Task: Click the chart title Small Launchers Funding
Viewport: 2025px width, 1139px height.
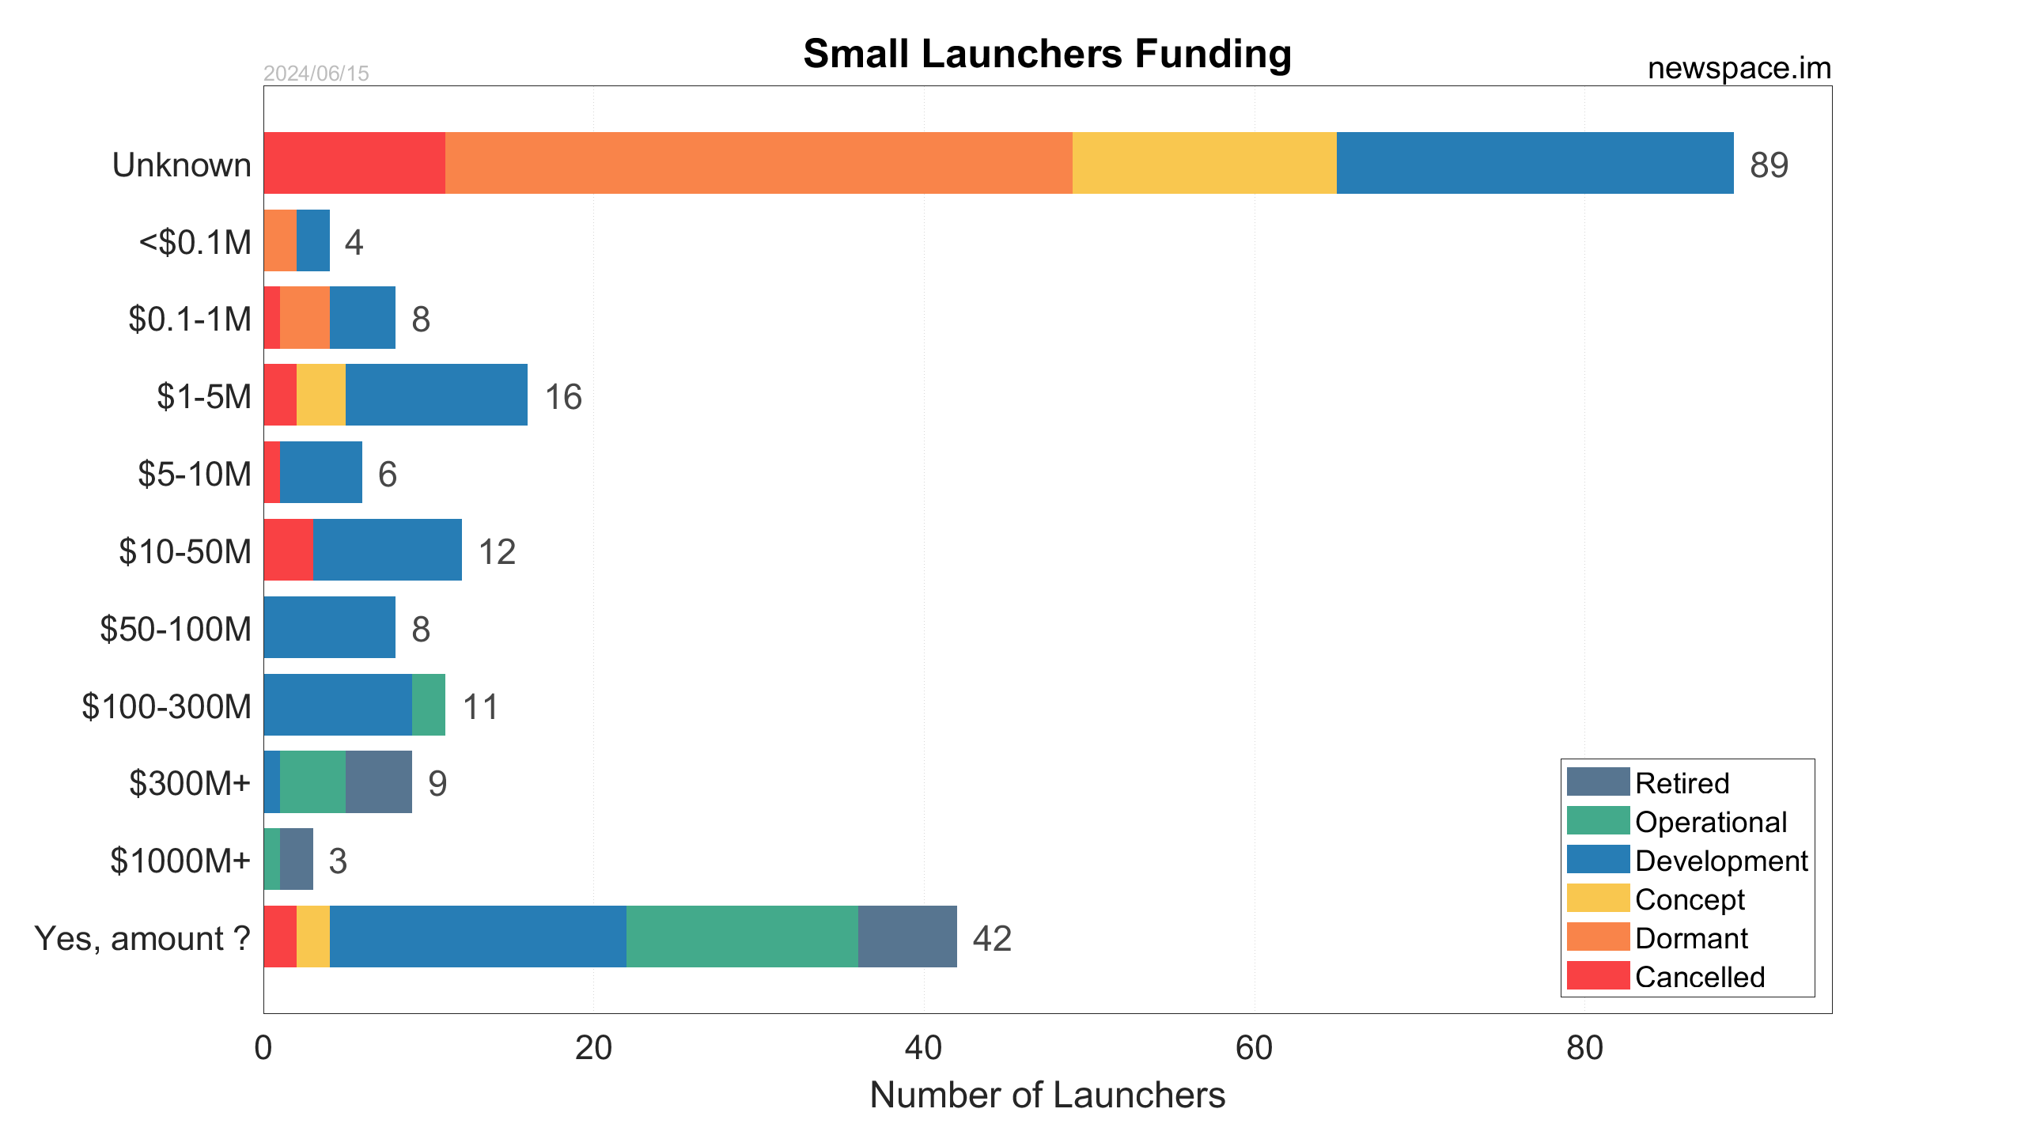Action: [1047, 54]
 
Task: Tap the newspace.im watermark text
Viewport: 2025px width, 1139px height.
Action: [1739, 69]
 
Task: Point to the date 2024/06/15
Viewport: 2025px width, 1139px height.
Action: [316, 74]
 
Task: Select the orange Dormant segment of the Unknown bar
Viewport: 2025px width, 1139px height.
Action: [758, 163]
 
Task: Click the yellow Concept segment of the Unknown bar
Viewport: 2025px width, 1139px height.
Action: [1204, 163]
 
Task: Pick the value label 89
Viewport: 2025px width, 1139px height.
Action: [1769, 165]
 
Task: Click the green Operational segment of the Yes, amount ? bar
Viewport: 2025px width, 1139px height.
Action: [741, 937]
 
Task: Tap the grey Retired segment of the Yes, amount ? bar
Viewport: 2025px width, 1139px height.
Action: [907, 937]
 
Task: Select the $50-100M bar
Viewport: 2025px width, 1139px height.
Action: [329, 627]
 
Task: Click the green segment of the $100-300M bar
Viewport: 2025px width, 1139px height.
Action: [428, 705]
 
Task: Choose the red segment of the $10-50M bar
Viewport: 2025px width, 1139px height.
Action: [288, 550]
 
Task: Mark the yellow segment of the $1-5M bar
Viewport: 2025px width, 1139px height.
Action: [320, 395]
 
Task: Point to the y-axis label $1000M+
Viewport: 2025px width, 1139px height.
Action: [180, 861]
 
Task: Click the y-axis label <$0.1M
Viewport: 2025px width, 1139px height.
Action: [195, 242]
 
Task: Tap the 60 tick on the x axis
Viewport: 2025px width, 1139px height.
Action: [1254, 1048]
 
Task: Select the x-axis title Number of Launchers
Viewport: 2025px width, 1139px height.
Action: [1047, 1095]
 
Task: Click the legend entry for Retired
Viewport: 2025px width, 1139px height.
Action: [1681, 783]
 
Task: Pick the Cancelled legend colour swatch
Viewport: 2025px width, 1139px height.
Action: [1598, 976]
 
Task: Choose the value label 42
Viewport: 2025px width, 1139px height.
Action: [992, 939]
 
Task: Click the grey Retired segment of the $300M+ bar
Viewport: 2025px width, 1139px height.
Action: [378, 781]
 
